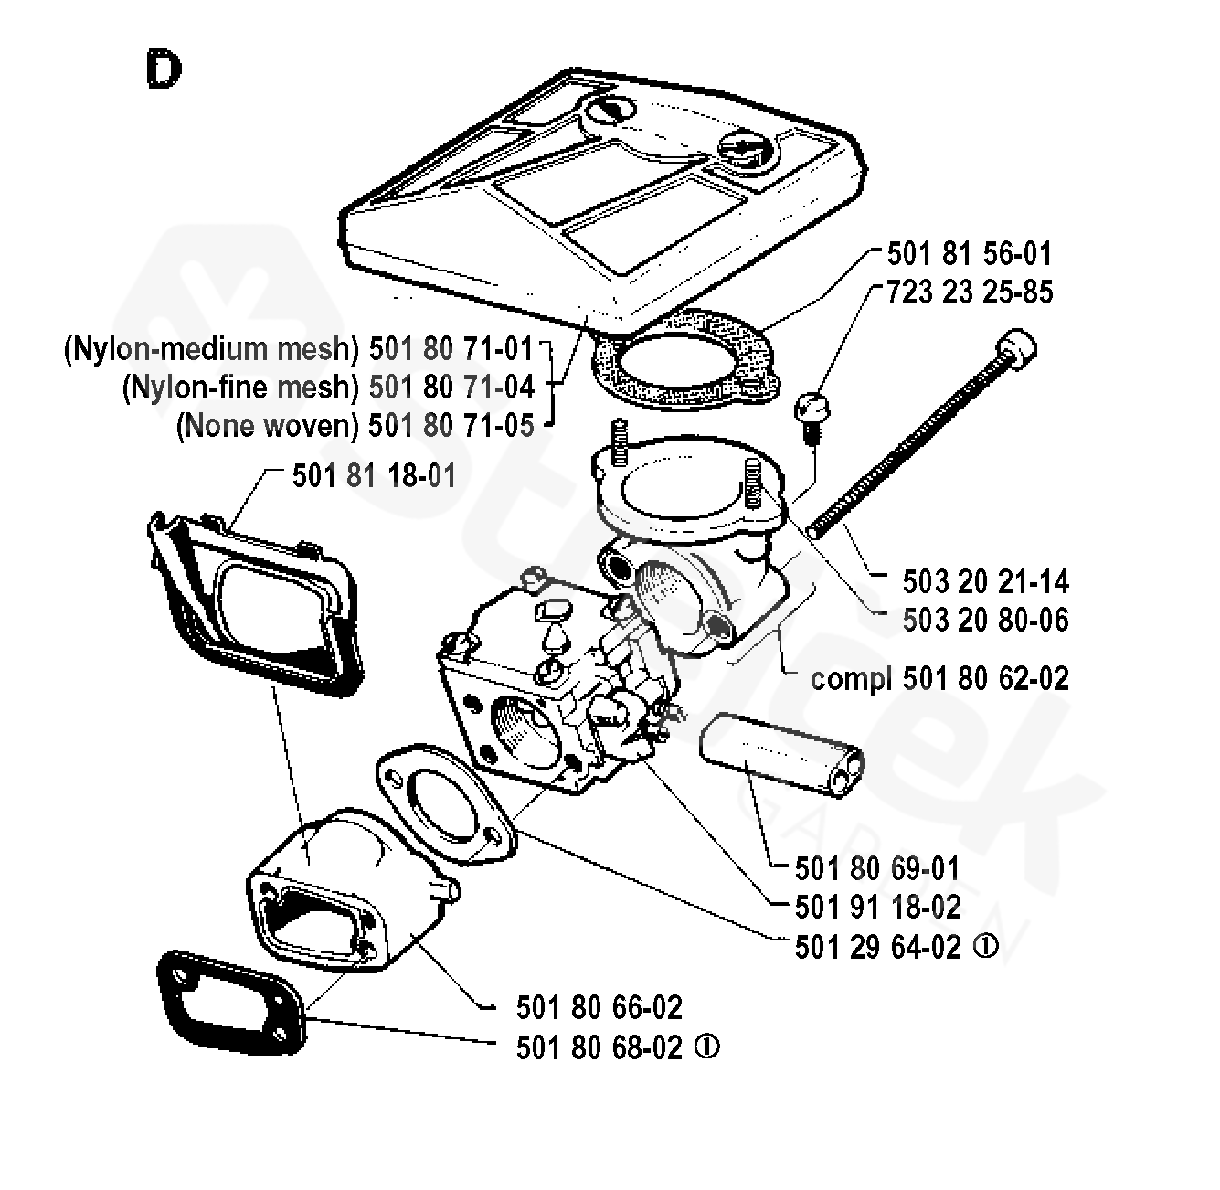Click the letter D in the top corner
point(163,69)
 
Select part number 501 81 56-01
point(970,253)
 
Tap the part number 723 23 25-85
point(970,292)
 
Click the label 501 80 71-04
point(451,388)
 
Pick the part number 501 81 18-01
point(374,476)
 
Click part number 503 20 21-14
point(985,581)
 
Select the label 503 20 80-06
point(985,620)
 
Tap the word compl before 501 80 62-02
point(852,678)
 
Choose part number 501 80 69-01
point(877,868)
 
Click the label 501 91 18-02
point(877,907)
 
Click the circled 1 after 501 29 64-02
point(986,947)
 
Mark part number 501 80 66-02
point(599,1007)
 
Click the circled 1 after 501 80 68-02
point(707,1047)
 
